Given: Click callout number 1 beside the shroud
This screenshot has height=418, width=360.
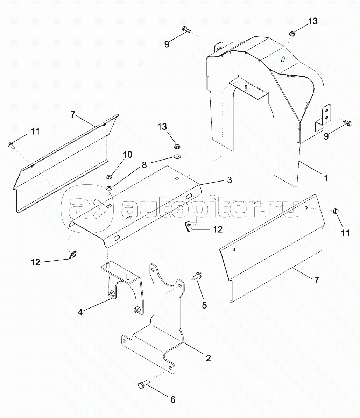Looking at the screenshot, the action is click(325, 178).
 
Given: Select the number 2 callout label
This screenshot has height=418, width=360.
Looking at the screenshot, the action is click(209, 358).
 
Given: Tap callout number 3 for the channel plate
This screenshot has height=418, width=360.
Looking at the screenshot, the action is click(229, 180).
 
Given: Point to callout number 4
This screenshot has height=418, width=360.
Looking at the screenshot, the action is click(80, 312).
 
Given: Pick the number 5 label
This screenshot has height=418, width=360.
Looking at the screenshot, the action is click(204, 305).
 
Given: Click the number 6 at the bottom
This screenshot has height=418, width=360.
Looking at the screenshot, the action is click(172, 399).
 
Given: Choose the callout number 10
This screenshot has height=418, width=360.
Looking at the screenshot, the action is click(127, 155).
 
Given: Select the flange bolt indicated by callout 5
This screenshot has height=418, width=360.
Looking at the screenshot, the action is click(196, 276).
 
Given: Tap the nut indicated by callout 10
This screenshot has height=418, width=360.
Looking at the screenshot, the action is click(109, 177).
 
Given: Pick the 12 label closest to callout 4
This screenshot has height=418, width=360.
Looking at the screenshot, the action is click(36, 262).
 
